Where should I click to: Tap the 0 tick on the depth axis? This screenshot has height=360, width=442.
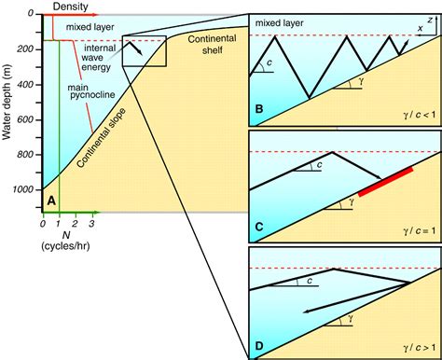coord(34,14)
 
